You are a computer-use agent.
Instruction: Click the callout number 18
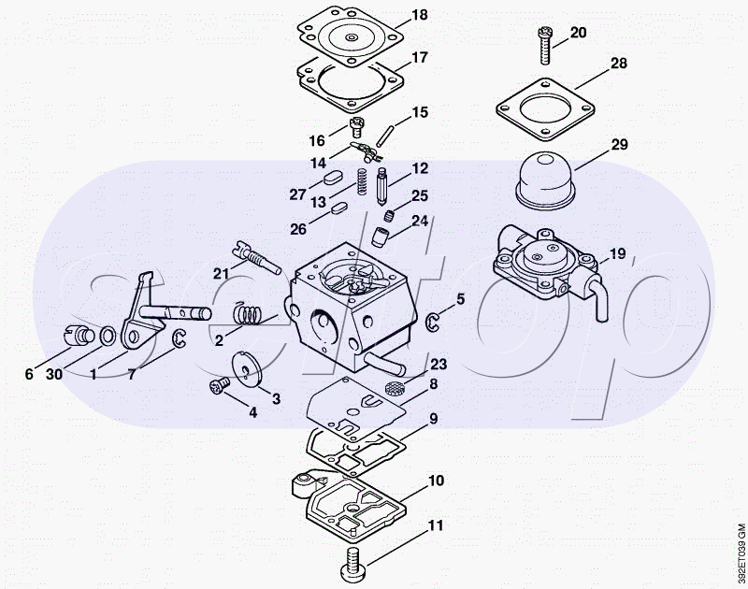click(x=419, y=15)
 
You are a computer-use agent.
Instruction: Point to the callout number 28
click(x=619, y=63)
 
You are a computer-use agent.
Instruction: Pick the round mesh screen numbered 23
click(x=393, y=388)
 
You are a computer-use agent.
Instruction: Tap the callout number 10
click(x=436, y=480)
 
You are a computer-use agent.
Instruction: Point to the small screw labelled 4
click(x=221, y=385)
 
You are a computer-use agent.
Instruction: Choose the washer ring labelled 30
click(x=108, y=336)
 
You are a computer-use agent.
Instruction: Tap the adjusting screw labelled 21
click(x=256, y=257)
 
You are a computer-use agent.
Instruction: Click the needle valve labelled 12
click(x=382, y=186)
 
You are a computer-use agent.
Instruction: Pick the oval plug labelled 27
click(x=331, y=178)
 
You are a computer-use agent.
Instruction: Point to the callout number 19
click(x=617, y=252)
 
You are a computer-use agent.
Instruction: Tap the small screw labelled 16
click(x=357, y=127)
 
